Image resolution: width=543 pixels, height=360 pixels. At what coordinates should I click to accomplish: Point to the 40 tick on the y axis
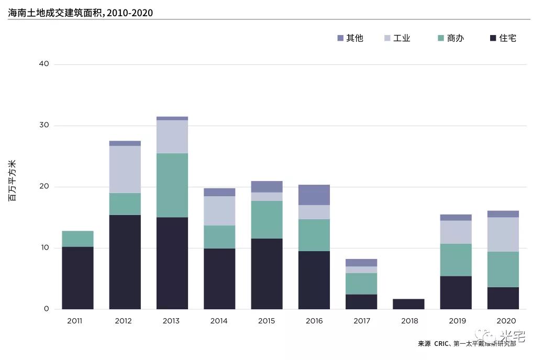click(44, 64)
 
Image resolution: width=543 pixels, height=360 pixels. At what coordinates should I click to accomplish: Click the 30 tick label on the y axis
click(44, 126)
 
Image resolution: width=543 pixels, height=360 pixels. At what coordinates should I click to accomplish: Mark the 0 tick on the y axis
click(46, 309)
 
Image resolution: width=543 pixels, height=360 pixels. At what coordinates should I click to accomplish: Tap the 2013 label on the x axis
click(172, 321)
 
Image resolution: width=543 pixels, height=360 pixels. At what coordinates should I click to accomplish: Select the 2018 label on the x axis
click(408, 321)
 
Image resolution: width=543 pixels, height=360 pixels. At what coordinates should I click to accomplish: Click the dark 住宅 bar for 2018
click(408, 304)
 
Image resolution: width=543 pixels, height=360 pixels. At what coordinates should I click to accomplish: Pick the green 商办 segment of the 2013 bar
click(172, 185)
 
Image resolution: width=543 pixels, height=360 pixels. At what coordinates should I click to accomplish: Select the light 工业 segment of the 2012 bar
click(125, 170)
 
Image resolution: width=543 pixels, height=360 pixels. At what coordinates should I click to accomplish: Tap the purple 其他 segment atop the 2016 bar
click(314, 195)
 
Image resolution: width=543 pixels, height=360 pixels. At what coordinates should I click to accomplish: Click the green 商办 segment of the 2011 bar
click(77, 239)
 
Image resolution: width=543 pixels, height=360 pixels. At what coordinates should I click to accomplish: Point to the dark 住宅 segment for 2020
click(503, 298)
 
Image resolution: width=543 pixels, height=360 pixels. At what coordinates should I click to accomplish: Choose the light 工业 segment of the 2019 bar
click(456, 232)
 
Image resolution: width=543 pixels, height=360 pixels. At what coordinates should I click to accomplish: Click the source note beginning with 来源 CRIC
click(467, 344)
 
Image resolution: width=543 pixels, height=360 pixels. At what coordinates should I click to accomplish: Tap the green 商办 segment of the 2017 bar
click(361, 284)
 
